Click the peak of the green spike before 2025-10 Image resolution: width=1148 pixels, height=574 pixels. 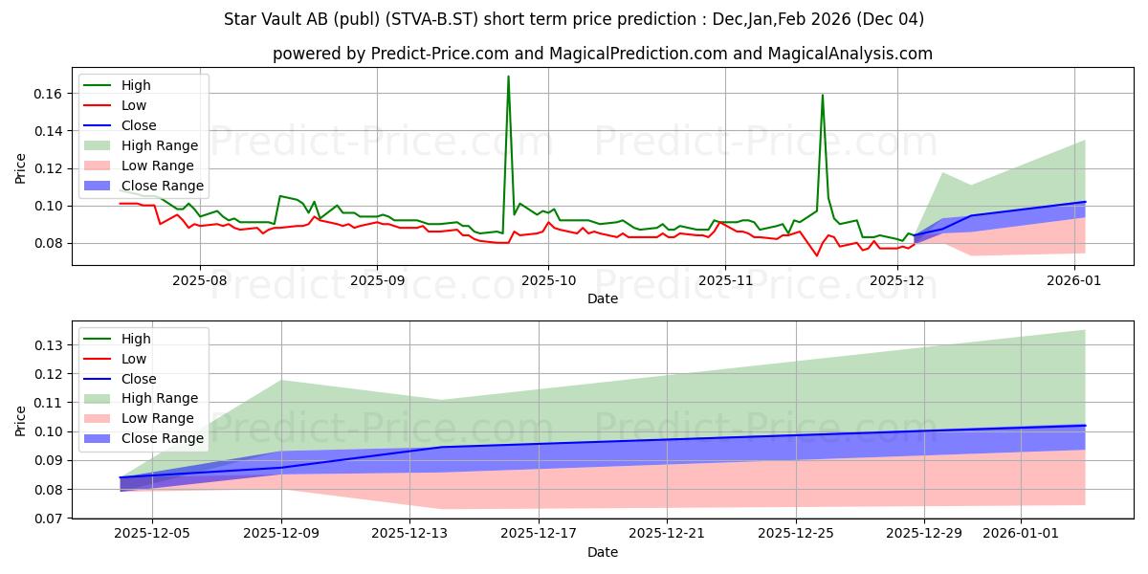tap(508, 77)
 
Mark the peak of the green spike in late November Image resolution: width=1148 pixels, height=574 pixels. tap(822, 95)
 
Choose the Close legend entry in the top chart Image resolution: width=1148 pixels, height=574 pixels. tap(140, 125)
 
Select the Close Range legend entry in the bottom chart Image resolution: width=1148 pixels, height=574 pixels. tap(163, 438)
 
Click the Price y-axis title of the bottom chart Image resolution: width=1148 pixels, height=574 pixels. tap(21, 420)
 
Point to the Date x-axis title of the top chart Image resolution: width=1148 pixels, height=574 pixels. tap(603, 298)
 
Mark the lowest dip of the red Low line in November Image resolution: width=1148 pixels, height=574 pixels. tap(817, 255)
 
